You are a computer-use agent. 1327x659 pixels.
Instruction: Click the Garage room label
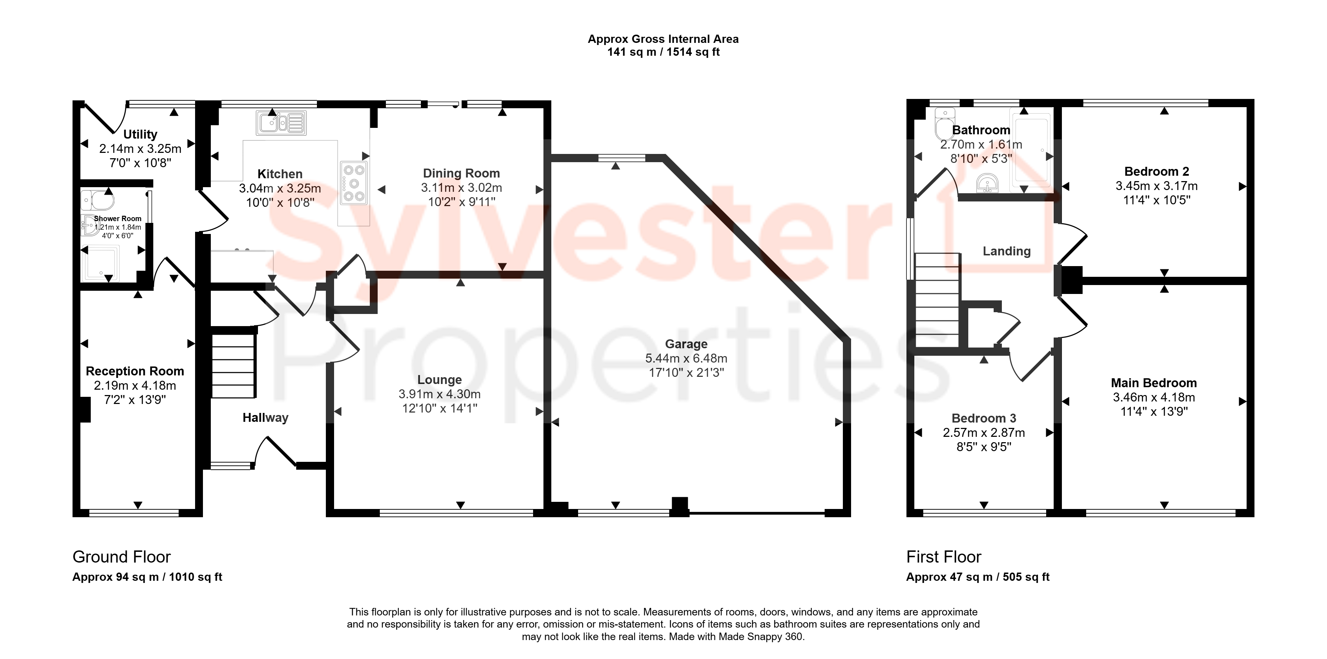[686, 344]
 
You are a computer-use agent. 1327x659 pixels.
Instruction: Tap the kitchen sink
[281, 123]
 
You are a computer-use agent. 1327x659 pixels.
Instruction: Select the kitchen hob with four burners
[353, 183]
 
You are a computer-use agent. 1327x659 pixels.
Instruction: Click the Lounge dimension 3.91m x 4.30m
[439, 394]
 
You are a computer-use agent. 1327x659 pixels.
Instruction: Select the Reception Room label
[135, 371]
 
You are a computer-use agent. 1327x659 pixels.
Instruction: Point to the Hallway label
[265, 418]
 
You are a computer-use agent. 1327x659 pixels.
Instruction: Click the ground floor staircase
[233, 365]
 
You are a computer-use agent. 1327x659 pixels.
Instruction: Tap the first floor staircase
[937, 300]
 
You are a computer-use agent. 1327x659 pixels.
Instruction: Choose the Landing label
[1007, 251]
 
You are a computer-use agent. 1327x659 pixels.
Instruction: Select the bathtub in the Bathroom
[1032, 149]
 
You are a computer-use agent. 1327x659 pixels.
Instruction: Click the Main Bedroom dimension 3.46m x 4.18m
[1154, 398]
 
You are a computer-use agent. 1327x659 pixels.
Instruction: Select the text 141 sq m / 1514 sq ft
[663, 52]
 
